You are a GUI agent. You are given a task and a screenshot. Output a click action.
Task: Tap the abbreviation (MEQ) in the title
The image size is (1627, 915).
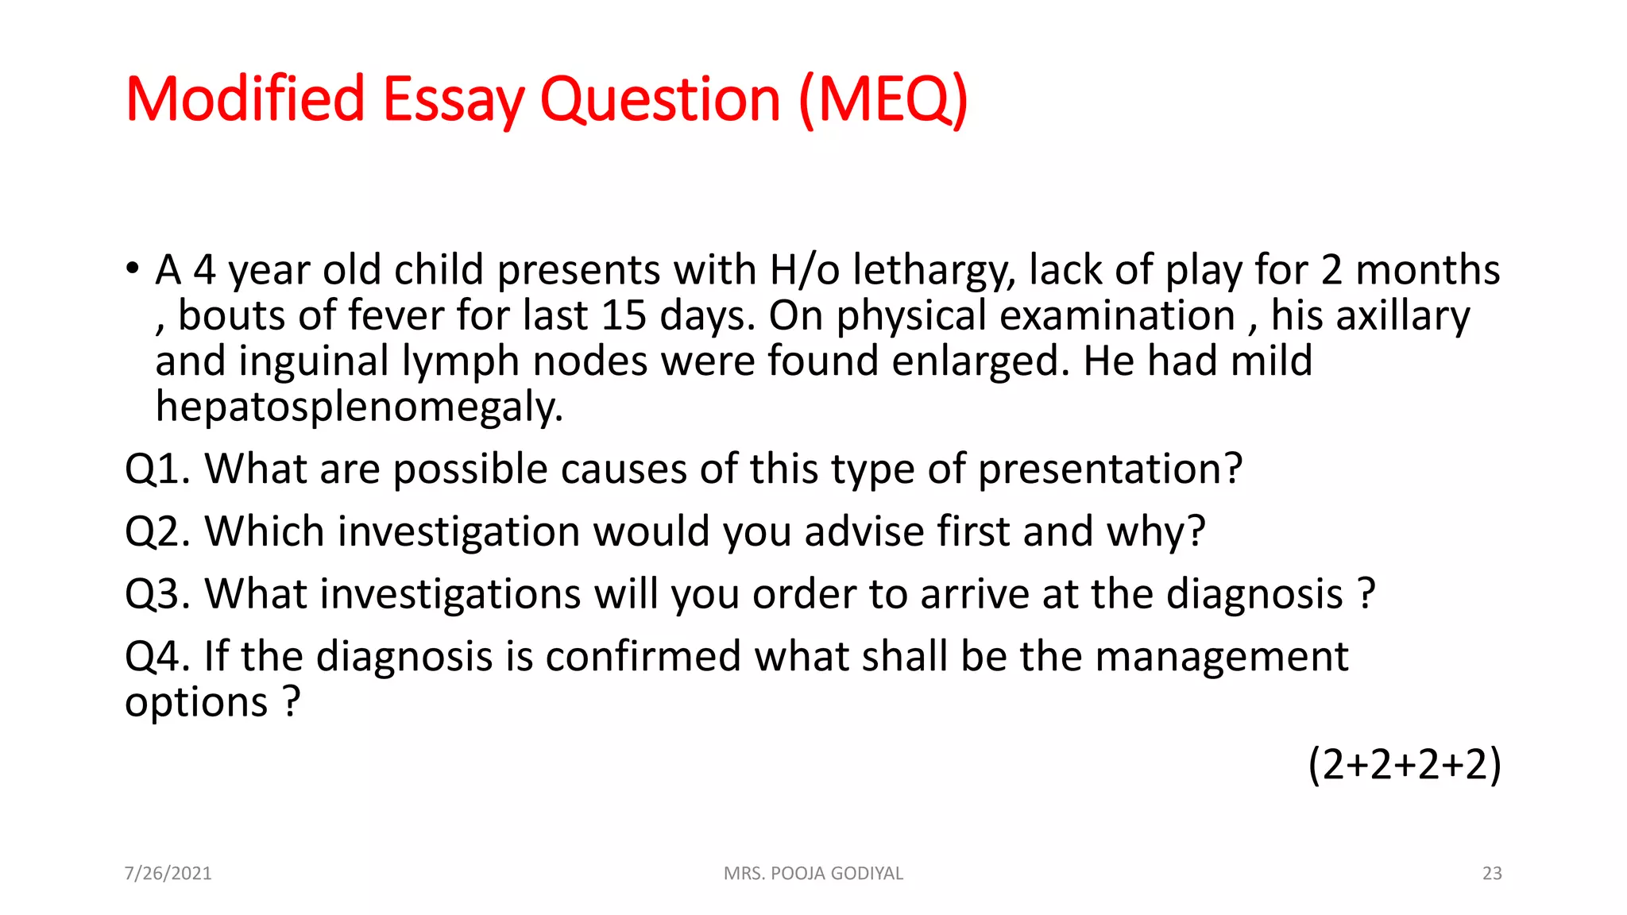883,100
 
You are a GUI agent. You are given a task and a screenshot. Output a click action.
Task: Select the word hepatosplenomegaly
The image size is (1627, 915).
359,407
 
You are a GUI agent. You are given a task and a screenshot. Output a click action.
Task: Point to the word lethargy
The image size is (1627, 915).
934,270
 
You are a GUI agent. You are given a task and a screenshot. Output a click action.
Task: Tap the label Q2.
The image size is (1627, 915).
157,531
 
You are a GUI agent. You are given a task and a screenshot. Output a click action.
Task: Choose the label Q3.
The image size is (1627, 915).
157,594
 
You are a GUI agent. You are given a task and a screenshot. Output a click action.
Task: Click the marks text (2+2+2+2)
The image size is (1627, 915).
1405,764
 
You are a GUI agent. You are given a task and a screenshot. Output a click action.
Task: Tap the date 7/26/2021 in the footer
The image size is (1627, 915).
168,873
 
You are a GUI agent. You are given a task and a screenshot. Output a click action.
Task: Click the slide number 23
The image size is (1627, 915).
1492,873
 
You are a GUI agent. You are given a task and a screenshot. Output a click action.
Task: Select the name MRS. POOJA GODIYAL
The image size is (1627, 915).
813,873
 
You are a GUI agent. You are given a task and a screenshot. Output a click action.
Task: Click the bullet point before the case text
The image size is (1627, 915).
132,268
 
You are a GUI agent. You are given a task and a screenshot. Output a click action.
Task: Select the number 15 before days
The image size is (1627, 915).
624,316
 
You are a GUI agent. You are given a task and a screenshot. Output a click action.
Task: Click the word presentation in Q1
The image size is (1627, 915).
1109,469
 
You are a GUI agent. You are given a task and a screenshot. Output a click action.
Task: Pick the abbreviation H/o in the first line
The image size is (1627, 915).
804,270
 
